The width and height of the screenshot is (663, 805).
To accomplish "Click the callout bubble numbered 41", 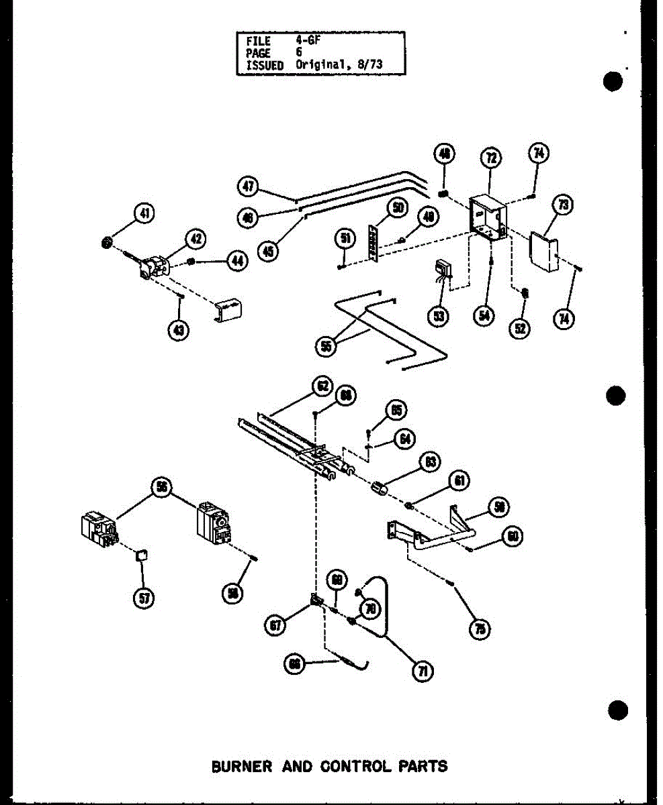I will click(x=143, y=214).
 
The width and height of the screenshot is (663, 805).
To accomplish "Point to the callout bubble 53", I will click(x=439, y=315).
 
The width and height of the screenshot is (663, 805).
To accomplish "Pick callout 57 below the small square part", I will click(x=142, y=598).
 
